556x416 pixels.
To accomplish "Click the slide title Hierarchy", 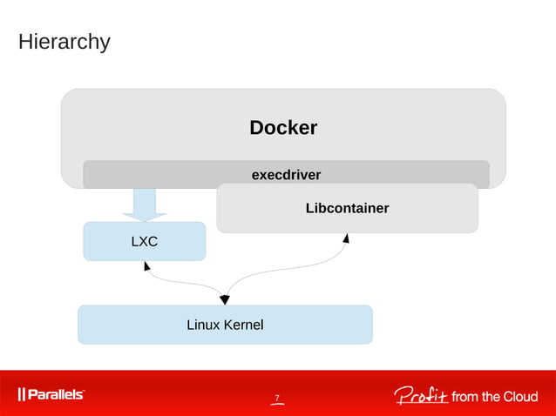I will [x=64, y=41].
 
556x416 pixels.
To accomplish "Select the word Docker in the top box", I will [x=283, y=128].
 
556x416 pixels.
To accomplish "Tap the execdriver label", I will [x=286, y=175].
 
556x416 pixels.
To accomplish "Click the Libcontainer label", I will [x=347, y=208].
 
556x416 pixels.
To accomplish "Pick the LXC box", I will [x=145, y=241].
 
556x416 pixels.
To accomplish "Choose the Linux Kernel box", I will [x=225, y=325].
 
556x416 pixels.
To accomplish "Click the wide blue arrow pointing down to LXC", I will [x=144, y=205].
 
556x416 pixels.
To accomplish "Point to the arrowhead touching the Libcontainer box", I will [x=346, y=238].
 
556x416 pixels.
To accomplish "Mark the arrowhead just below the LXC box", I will [x=146, y=265].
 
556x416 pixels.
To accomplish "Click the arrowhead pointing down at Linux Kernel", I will [x=224, y=299].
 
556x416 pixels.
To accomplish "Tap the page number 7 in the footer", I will [x=277, y=399].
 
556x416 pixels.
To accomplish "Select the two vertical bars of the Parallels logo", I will [x=21, y=395].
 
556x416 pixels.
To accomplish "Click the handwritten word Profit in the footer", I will [x=420, y=396].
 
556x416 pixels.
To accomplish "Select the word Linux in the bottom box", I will [x=202, y=325].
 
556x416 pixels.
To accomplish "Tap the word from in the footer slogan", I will [x=464, y=397].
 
